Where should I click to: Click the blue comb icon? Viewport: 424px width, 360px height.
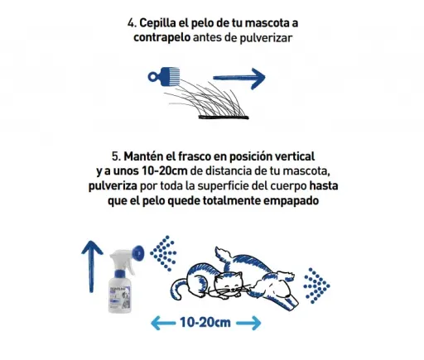click(164, 77)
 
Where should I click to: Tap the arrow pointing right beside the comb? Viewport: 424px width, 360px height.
click(239, 79)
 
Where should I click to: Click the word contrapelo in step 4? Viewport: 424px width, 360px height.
click(161, 37)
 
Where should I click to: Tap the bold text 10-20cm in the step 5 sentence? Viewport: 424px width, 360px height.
click(165, 171)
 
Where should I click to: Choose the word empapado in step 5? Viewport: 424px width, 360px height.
click(291, 201)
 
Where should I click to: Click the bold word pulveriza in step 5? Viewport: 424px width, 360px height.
click(113, 186)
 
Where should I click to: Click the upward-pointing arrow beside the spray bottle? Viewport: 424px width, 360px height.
click(92, 266)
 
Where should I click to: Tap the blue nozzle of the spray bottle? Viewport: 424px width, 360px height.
click(138, 253)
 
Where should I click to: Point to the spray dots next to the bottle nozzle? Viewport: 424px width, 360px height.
click(163, 253)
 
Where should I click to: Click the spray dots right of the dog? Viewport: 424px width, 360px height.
click(316, 286)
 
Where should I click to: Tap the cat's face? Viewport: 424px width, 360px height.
click(229, 285)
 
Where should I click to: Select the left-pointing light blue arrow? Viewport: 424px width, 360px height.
click(163, 323)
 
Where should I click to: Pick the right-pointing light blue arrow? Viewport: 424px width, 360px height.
click(248, 323)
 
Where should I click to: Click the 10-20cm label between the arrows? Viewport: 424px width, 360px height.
click(205, 323)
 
